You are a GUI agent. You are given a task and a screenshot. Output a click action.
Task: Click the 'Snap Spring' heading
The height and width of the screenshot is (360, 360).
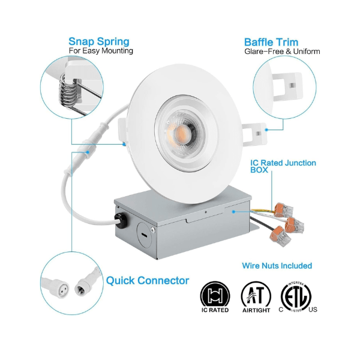(98, 41)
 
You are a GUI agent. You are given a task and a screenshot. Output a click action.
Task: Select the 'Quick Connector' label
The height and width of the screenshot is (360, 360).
(148, 280)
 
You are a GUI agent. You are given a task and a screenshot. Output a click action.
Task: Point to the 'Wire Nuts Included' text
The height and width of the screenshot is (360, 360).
(277, 265)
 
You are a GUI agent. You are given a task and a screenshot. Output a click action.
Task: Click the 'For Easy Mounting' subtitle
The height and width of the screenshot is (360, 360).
(101, 52)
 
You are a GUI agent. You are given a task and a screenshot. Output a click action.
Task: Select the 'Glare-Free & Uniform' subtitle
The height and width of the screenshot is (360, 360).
(282, 52)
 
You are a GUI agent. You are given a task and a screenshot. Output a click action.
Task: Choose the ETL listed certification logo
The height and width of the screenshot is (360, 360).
(296, 295)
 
